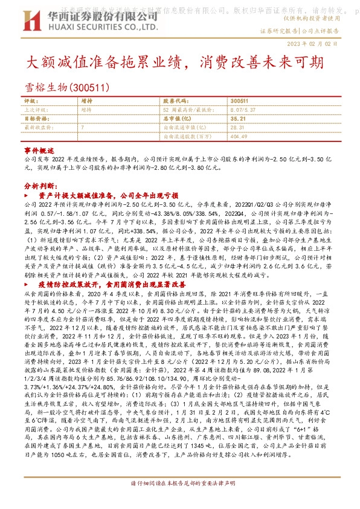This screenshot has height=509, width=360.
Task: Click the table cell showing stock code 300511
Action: tap(239, 102)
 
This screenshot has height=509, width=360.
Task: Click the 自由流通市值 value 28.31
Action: tap(237, 128)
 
